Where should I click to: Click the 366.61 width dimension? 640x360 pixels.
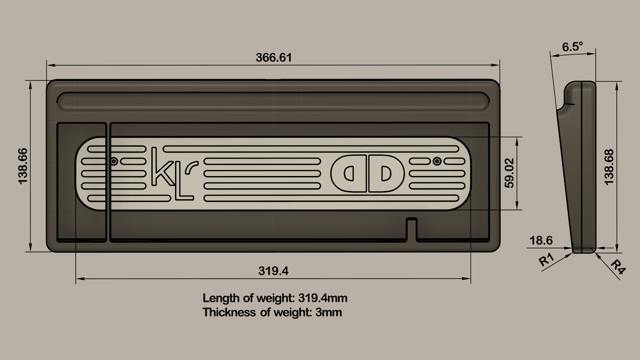point(273,58)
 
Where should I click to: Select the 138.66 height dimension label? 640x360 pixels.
point(23,166)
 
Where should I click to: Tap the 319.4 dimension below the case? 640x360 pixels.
point(273,271)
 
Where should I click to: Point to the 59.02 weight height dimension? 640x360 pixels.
point(509,173)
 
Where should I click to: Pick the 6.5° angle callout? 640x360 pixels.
point(572,47)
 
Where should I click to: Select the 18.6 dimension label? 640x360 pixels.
point(541,240)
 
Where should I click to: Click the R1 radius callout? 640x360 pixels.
point(547,260)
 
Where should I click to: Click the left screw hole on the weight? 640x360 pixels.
point(114,162)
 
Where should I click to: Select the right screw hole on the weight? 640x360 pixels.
point(437,162)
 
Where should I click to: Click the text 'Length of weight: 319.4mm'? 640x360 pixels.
point(275,298)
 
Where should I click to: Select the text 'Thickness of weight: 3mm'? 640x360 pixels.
point(272,312)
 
